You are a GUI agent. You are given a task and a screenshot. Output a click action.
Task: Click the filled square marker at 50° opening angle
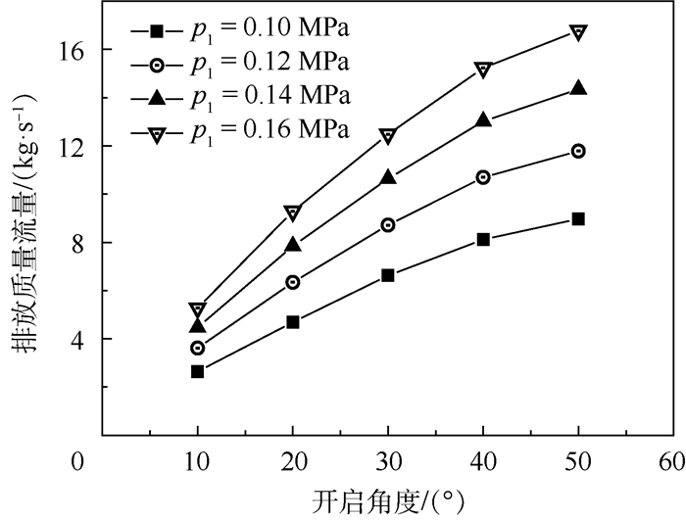point(578,218)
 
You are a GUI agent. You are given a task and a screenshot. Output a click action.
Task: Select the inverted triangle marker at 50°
point(578,32)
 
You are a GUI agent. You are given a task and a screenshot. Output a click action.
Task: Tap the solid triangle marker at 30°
point(388,177)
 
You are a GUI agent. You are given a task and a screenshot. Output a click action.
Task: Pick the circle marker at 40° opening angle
point(483,177)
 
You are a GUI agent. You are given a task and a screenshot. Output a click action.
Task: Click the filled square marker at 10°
point(198,371)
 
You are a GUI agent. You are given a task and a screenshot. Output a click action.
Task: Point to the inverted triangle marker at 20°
point(293,213)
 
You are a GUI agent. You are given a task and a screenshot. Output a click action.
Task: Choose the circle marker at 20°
point(293,282)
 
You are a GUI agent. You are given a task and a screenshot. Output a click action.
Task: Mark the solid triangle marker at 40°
point(483,120)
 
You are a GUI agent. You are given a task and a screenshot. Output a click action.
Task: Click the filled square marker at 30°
point(388,275)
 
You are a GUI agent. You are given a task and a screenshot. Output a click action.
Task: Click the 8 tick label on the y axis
point(84,243)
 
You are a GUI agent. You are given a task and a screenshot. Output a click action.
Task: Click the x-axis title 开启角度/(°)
point(388,500)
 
